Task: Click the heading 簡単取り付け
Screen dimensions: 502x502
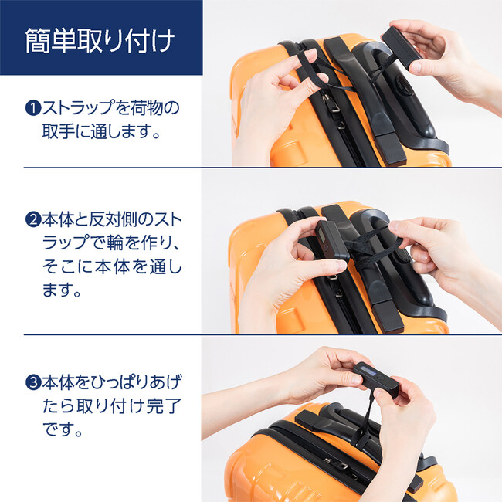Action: point(100,38)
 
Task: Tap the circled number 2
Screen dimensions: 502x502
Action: point(32,219)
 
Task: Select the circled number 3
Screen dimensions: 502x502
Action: point(32,382)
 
